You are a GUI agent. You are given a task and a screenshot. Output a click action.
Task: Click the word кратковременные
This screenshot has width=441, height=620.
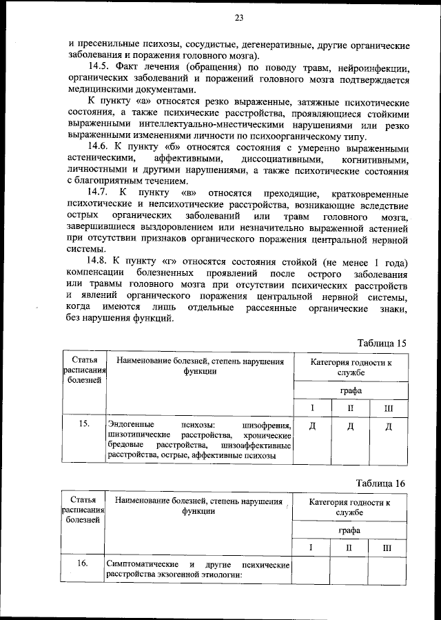370,194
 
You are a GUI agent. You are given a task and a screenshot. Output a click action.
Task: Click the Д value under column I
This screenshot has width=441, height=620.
312,426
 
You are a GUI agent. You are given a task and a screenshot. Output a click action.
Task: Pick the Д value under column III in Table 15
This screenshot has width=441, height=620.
389,426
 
